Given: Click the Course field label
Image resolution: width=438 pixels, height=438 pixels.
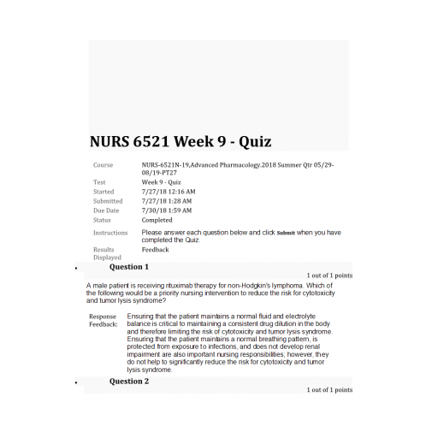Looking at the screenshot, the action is (104, 163).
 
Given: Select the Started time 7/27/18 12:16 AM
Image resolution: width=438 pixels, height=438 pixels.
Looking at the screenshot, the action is (169, 192).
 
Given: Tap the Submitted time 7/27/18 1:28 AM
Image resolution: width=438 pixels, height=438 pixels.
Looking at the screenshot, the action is (167, 201).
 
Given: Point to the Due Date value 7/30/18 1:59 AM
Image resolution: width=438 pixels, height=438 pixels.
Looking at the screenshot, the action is (167, 210).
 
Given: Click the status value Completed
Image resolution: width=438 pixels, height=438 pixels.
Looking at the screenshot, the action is (157, 220).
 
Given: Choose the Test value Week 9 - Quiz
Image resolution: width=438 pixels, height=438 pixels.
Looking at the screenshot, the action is (162, 182).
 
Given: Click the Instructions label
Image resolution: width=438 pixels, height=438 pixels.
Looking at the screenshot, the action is (110, 233).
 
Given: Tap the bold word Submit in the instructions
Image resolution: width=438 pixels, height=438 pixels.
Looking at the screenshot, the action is (286, 233).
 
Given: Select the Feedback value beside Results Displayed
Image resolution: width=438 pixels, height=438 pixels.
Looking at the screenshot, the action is (156, 250).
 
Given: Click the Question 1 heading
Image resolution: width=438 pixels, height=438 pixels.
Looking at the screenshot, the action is (129, 267).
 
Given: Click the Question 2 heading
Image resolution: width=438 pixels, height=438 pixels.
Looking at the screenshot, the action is (129, 381).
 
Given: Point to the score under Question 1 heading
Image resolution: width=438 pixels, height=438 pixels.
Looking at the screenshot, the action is (329, 275).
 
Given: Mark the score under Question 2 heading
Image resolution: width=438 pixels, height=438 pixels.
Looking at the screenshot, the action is (329, 389).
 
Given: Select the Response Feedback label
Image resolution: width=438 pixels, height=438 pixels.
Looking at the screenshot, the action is (104, 321).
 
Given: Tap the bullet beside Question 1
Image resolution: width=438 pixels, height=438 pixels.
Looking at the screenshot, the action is (78, 269).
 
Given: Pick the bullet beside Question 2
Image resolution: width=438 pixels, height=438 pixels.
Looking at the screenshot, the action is (78, 382).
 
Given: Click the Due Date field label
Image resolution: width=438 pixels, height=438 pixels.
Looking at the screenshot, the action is (106, 210).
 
